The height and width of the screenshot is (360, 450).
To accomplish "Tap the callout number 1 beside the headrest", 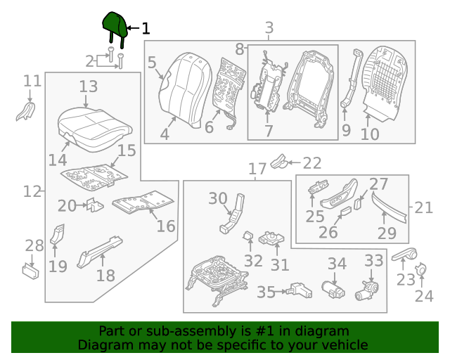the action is click(x=146, y=29).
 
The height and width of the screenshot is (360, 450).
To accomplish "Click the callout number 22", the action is click(x=312, y=163).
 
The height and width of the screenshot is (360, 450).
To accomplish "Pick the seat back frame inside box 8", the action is click(x=309, y=88).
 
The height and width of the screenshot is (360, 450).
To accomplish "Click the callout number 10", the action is click(x=370, y=134).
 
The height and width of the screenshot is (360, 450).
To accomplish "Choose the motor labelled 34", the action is click(x=333, y=290).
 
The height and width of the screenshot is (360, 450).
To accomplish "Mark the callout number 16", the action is click(x=166, y=226).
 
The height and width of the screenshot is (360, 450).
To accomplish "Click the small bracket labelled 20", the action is click(x=95, y=205).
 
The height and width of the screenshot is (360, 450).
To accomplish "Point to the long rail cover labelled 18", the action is click(x=99, y=252).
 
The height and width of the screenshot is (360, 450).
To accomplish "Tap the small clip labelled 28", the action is click(x=31, y=271).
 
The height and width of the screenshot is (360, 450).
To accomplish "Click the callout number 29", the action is click(x=387, y=233).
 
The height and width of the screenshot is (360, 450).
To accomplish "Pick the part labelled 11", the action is click(x=26, y=111).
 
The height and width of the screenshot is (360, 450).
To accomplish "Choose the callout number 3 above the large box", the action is click(x=269, y=28).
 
